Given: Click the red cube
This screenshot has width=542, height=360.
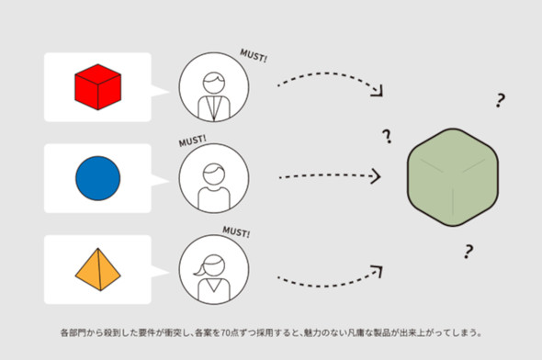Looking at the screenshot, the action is [x=97, y=87].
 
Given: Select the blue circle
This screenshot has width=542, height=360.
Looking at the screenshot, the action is [x=97, y=178].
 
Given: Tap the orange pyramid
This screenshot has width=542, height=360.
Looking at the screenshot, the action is [x=97, y=269].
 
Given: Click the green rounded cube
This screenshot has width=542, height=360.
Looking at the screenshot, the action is [x=453, y=177].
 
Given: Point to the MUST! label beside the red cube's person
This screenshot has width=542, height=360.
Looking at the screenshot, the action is [x=254, y=56].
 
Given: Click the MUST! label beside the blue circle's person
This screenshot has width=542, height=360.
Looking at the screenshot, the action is [x=193, y=141].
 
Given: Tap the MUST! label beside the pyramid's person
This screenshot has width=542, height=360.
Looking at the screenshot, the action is [x=236, y=231].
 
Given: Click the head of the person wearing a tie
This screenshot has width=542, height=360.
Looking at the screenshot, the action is [x=214, y=83].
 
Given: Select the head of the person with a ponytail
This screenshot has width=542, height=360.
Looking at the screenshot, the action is [x=214, y=265].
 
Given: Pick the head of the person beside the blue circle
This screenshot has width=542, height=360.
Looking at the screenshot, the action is [x=214, y=174].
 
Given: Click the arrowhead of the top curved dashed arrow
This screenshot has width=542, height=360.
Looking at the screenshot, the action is [x=378, y=92].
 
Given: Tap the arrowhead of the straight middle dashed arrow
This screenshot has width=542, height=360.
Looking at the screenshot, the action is [x=376, y=176].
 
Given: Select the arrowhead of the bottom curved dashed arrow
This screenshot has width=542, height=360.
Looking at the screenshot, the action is [x=378, y=271].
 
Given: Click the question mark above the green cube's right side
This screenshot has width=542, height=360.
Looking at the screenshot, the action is [x=500, y=100].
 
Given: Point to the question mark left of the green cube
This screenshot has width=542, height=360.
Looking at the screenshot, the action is [x=387, y=137].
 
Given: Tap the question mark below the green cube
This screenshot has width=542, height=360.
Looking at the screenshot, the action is [x=468, y=252].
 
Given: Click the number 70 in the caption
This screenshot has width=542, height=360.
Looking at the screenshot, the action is [x=225, y=333].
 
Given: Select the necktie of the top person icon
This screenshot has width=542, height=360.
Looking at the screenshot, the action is [x=214, y=108].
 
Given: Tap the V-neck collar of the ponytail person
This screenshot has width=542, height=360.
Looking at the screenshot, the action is [x=214, y=285].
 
